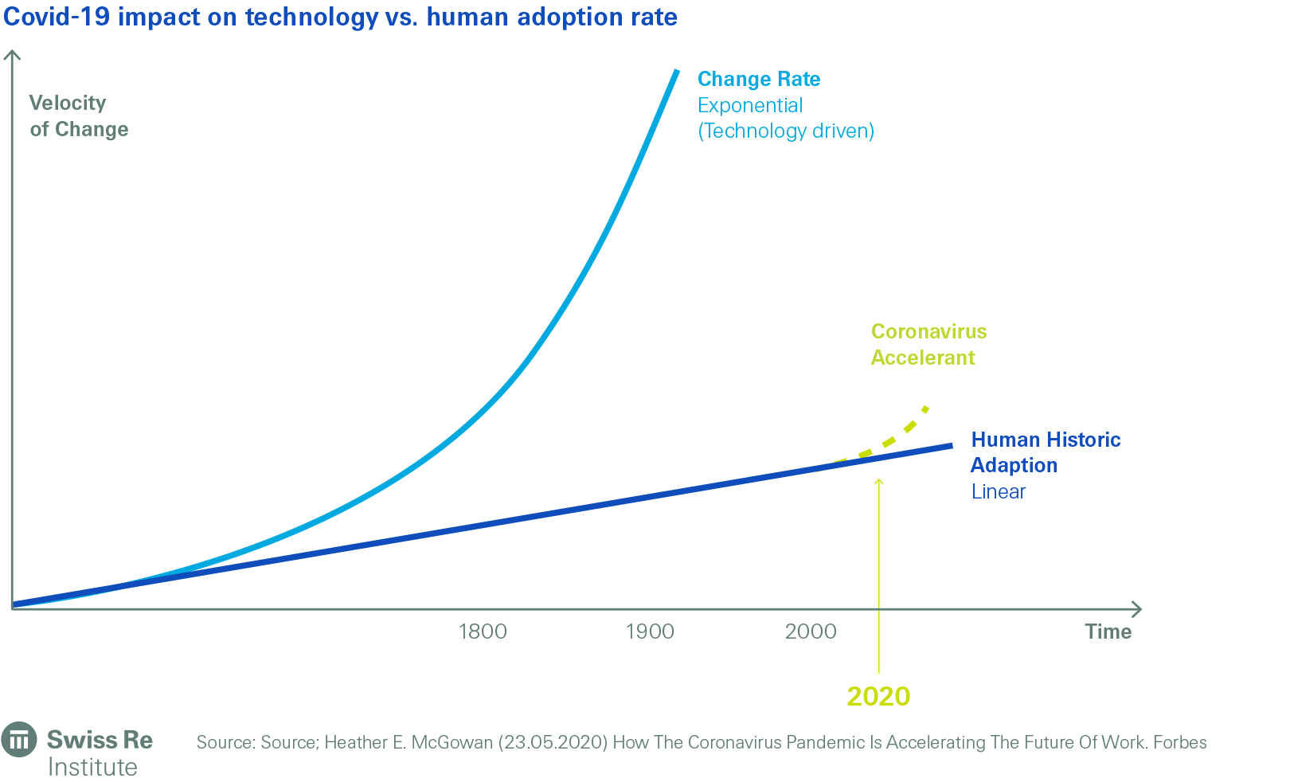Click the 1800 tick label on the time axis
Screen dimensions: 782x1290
(x=483, y=631)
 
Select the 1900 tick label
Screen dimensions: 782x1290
(x=650, y=631)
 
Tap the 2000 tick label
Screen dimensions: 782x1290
(x=811, y=631)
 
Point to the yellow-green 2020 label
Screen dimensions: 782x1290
(x=878, y=696)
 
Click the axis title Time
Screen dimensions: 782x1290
(x=1108, y=631)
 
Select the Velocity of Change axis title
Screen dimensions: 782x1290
(x=78, y=116)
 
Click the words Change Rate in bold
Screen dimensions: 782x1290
(x=759, y=79)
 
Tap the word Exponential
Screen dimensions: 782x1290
(x=750, y=105)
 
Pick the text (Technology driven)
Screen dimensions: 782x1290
(x=786, y=131)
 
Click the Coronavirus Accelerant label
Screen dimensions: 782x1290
(x=928, y=344)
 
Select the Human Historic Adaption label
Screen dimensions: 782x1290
(x=1045, y=452)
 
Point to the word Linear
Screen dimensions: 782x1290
(x=998, y=491)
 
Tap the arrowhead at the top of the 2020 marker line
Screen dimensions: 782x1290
(x=878, y=480)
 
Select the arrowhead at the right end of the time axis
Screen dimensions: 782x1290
(x=1138, y=609)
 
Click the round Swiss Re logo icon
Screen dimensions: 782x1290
(x=19, y=740)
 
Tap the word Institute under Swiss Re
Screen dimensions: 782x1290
(x=92, y=767)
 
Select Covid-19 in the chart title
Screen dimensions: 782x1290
(x=57, y=17)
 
